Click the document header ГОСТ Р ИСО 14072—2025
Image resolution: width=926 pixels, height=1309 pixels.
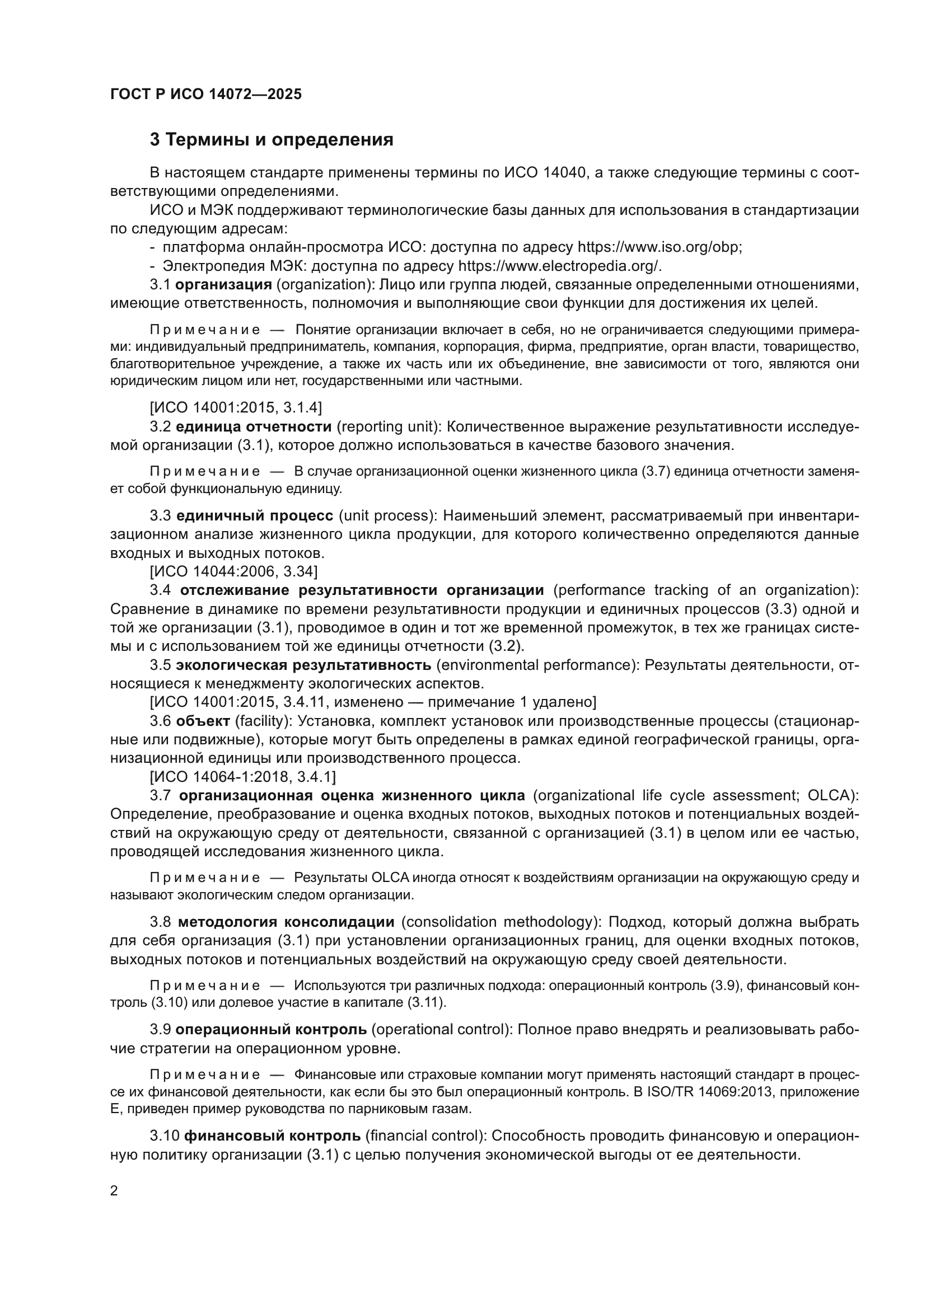tap(206, 94)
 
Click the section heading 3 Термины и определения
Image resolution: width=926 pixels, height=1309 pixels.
tap(272, 140)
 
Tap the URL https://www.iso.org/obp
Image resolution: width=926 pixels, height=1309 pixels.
tap(659, 247)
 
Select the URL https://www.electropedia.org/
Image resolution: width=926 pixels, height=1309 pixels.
tap(560, 266)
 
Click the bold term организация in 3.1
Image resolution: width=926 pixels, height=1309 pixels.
tap(223, 284)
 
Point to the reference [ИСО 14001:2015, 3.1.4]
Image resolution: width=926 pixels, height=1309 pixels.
tap(236, 407)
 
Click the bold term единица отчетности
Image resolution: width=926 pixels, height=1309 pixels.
tap(254, 426)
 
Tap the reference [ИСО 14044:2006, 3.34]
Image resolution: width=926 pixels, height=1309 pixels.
tap(234, 571)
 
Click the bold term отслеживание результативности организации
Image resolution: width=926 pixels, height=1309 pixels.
tap(362, 590)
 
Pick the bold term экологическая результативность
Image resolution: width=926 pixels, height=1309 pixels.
tap(303, 665)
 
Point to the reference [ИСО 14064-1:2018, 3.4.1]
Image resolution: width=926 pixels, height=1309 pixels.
tap(242, 777)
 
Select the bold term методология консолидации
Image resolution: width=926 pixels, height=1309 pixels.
tap(286, 922)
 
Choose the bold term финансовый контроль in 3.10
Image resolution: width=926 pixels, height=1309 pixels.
tap(273, 1136)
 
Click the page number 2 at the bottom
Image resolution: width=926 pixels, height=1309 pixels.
tap(114, 1191)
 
